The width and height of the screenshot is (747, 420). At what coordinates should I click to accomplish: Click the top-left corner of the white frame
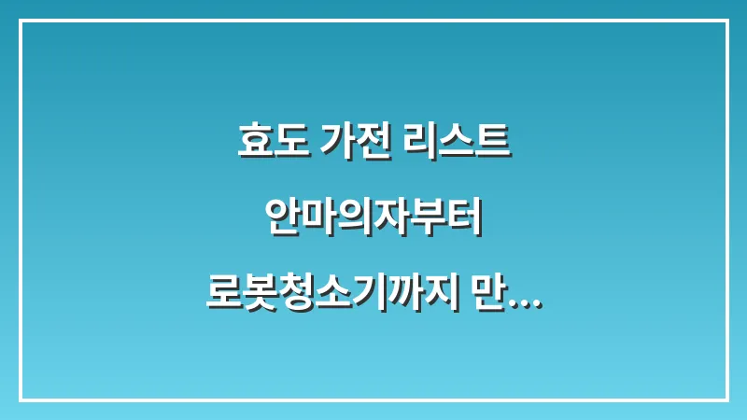tap(21, 21)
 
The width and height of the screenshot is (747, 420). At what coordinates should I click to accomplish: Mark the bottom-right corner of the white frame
tap(726, 399)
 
